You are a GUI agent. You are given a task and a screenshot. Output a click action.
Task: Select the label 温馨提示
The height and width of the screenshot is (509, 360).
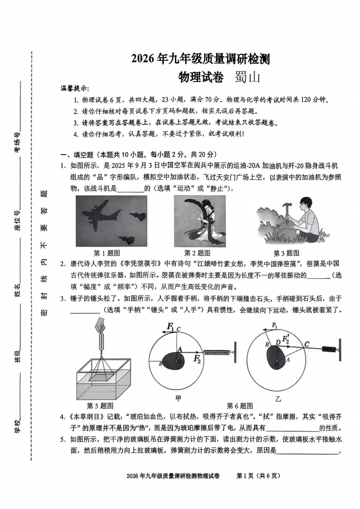click(x=74, y=88)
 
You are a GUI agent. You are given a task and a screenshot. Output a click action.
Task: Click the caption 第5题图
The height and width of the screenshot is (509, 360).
click(x=100, y=406)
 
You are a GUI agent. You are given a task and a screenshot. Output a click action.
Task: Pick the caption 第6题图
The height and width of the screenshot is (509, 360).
click(x=240, y=406)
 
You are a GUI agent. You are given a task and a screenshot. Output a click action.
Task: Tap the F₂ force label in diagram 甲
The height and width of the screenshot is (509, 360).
click(x=197, y=359)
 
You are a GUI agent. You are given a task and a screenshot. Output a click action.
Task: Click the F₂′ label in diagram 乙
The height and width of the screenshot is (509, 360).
click(x=286, y=340)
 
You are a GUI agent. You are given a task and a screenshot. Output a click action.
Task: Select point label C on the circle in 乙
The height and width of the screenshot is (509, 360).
click(x=307, y=344)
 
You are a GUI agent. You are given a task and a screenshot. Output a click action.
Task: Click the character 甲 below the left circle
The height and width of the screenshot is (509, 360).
click(x=178, y=398)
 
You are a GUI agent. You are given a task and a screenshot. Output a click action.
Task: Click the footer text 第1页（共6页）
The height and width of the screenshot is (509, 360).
click(x=258, y=476)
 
